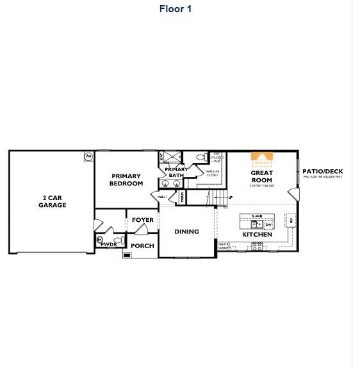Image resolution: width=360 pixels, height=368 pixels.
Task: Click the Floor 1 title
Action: pyautogui.click(x=175, y=9)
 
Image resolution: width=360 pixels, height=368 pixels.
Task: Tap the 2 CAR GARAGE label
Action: pyautogui.click(x=52, y=201)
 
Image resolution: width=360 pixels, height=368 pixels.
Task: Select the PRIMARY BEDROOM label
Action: pyautogui.click(x=126, y=180)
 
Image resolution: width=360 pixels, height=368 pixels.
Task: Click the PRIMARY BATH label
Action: pyautogui.click(x=176, y=172)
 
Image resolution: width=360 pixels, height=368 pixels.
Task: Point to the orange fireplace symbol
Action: pyautogui.click(x=261, y=157)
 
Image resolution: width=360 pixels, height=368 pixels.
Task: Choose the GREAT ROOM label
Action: pyautogui.click(x=261, y=176)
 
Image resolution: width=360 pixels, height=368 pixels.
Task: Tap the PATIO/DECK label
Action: pyautogui.click(x=322, y=171)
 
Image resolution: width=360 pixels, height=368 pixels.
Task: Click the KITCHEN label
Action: pyautogui.click(x=257, y=235)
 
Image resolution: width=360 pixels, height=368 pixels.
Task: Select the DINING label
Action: pyautogui.click(x=186, y=231)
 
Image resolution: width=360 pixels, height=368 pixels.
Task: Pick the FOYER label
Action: pyautogui.click(x=143, y=220)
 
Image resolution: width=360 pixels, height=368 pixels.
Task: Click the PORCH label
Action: pyautogui.click(x=142, y=246)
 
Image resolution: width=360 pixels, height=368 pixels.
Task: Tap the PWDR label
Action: pyautogui.click(x=109, y=244)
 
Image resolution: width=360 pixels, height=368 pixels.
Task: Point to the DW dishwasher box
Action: pyautogui.click(x=268, y=224)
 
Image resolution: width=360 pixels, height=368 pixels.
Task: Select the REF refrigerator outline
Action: pyautogui.click(x=291, y=220)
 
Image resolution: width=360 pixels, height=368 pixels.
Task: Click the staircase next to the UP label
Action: pyautogui.click(x=220, y=198)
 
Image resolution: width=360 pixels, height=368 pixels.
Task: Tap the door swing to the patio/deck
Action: pyautogui.click(x=293, y=193)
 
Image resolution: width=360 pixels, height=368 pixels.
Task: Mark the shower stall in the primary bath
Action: pyautogui.click(x=171, y=156)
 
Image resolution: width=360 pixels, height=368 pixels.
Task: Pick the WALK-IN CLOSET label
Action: pyautogui.click(x=212, y=173)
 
